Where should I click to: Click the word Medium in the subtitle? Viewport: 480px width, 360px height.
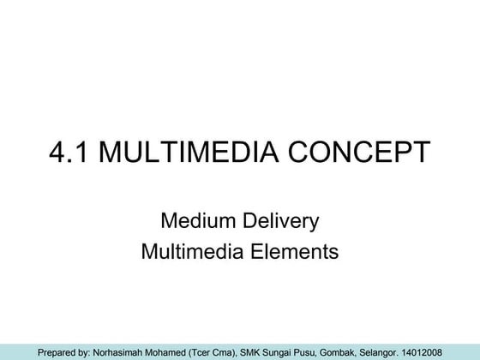(x=195, y=222)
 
